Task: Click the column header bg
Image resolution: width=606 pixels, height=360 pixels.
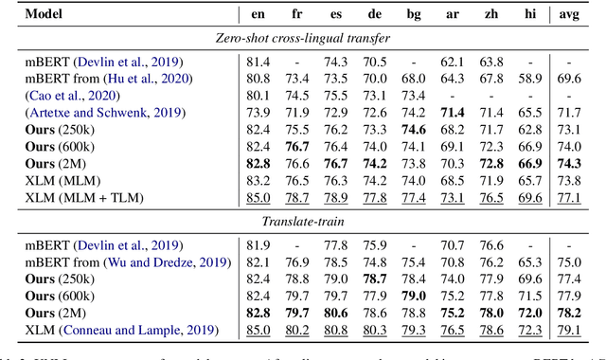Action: coord(413,15)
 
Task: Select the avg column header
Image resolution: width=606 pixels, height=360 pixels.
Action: coord(569,15)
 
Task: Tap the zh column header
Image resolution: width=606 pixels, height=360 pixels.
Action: coord(490,15)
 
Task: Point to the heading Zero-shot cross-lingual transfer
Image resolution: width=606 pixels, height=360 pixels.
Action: coord(302,39)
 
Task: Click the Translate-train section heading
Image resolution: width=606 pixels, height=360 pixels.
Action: coord(302,221)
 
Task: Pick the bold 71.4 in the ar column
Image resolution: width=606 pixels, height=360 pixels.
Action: coord(453,113)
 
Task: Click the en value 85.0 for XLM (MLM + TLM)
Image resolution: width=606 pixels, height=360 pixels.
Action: coord(258,198)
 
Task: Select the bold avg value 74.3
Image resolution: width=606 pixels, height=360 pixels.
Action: coord(569,164)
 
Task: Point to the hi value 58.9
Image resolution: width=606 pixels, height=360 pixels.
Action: coord(529,79)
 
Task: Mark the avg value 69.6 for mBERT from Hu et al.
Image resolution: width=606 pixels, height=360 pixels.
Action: coord(569,79)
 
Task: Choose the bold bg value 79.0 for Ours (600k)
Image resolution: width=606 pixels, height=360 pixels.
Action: coord(413,296)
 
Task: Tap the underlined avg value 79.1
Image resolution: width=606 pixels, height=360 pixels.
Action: coord(569,330)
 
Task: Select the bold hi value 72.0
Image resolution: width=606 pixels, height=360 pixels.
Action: coord(529,313)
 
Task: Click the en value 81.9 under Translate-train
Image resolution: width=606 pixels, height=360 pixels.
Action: coord(258,244)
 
